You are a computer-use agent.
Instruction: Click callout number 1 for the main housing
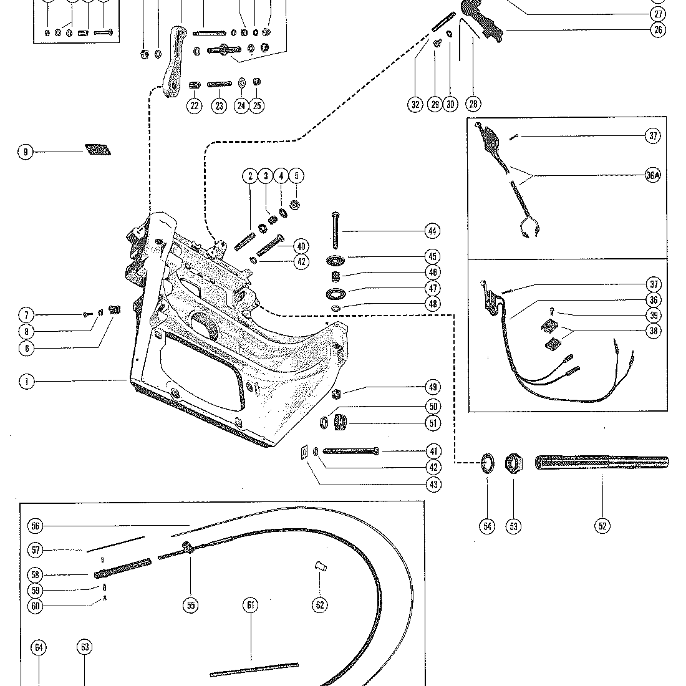27,382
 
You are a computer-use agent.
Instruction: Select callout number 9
26,152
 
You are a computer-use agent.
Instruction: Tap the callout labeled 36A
653,175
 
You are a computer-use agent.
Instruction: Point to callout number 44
432,231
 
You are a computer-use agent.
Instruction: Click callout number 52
602,526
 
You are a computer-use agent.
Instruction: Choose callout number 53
514,526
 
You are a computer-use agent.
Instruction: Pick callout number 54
488,526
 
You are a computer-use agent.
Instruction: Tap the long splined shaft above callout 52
602,463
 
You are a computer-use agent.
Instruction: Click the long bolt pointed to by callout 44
336,230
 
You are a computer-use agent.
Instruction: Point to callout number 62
320,605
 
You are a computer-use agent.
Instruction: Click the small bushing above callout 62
321,566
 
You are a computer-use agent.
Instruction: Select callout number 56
36,526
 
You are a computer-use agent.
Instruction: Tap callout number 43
433,485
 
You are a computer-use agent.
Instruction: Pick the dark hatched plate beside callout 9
97,150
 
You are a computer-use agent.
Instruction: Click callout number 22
194,105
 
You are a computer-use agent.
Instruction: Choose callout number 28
473,104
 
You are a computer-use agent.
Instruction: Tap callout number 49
433,387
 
